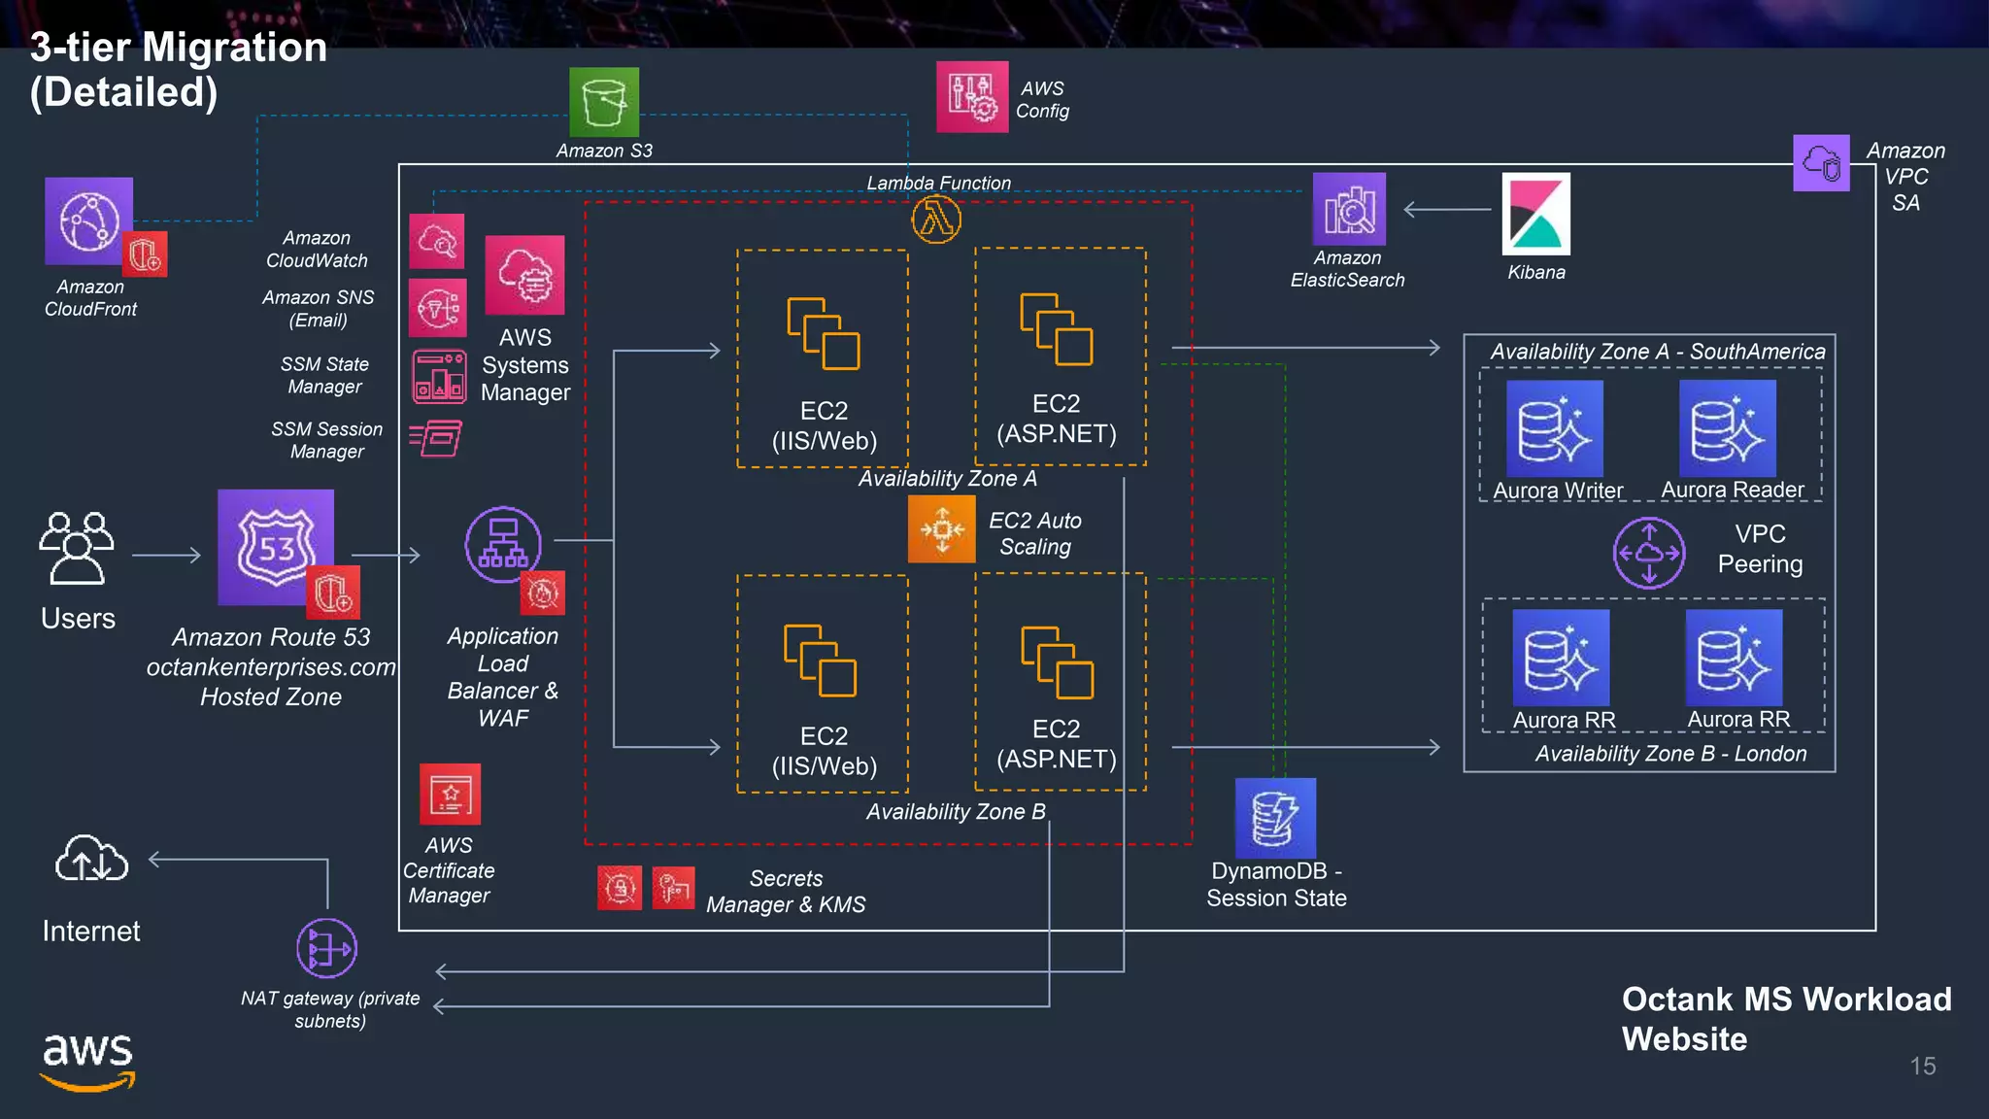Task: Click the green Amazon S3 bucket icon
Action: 604,102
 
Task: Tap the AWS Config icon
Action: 971,97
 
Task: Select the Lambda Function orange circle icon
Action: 936,220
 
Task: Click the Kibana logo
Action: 1535,215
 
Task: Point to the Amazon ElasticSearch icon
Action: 1349,209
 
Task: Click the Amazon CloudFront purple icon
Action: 88,221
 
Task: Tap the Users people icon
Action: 77,548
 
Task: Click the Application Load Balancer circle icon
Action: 503,544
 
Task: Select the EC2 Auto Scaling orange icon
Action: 941,529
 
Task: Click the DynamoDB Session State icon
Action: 1275,818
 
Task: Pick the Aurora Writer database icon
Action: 1554,428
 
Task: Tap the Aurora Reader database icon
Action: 1727,428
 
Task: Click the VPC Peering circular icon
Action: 1649,553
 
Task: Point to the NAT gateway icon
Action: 326,948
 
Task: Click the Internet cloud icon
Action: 91,859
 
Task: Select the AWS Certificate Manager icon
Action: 450,795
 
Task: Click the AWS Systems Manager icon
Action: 524,275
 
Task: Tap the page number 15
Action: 1922,1066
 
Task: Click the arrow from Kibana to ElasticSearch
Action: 1447,209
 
